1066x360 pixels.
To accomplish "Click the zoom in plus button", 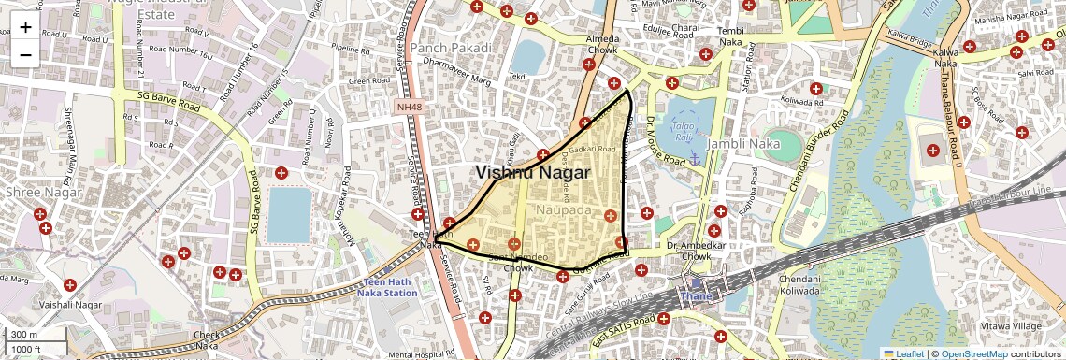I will [x=25, y=26].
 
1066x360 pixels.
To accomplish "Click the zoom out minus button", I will [x=25, y=54].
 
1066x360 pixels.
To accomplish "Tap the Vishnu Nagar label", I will [x=532, y=173].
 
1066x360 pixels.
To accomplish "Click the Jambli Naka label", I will [x=743, y=144].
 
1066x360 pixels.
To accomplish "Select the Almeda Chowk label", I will [x=601, y=45].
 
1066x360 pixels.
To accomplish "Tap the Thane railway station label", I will [x=696, y=296].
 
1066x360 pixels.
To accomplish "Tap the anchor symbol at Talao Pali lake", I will [x=694, y=161].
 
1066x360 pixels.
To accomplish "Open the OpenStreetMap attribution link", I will [x=973, y=354].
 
